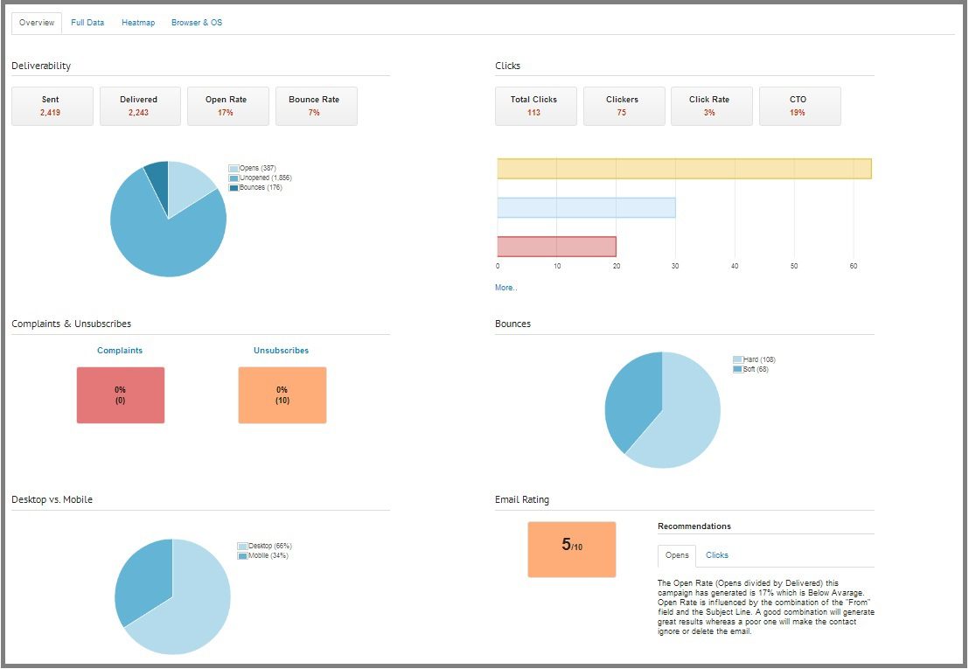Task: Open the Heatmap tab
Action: tap(138, 23)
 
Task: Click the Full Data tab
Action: tap(87, 23)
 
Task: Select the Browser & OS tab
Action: tap(197, 23)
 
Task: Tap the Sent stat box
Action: tap(52, 106)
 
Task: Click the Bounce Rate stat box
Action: tap(316, 106)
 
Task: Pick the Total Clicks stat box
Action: tap(535, 106)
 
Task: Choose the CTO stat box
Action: tap(799, 106)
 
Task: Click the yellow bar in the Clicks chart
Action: tap(684, 169)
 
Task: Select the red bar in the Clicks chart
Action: tap(556, 247)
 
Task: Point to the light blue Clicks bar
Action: tap(586, 207)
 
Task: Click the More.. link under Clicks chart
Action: tap(505, 288)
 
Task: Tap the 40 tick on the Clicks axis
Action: tap(735, 266)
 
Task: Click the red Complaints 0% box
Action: tap(120, 395)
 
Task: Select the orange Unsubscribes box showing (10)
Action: tap(282, 395)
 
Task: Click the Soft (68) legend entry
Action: tap(755, 370)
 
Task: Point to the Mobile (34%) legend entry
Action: tap(268, 556)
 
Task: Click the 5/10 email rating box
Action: tap(571, 549)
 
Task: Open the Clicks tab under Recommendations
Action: tap(717, 555)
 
